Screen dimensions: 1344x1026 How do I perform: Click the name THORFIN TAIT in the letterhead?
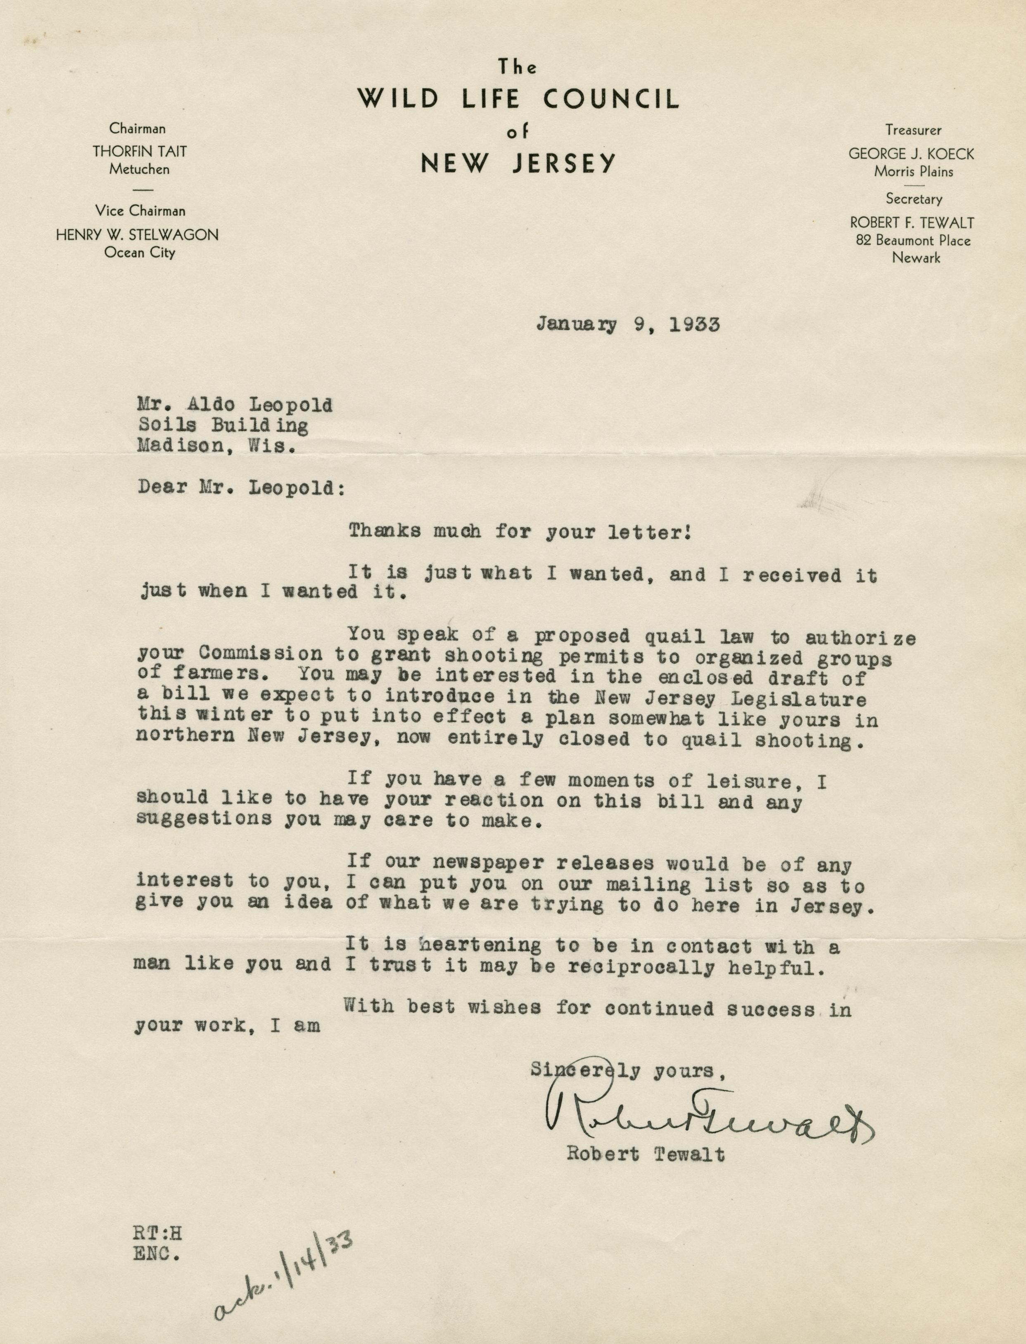click(140, 152)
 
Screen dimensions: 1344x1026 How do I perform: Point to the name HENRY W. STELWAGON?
click(138, 235)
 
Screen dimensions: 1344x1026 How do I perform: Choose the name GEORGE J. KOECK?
click(911, 154)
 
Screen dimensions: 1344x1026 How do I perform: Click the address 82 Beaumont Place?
click(913, 240)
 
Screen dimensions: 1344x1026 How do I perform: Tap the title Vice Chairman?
click(140, 211)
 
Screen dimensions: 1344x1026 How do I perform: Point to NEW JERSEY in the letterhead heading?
click(518, 163)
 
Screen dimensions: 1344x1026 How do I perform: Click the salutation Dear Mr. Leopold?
click(241, 488)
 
